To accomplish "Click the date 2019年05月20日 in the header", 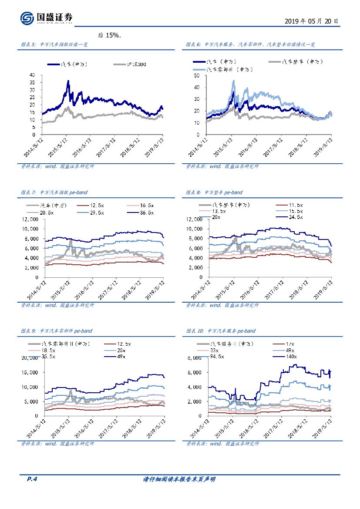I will coord(311,21).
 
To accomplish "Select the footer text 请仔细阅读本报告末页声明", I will coord(179,479).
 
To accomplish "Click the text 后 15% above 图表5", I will coord(109,35).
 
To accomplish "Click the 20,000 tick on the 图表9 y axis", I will coord(30,358).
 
